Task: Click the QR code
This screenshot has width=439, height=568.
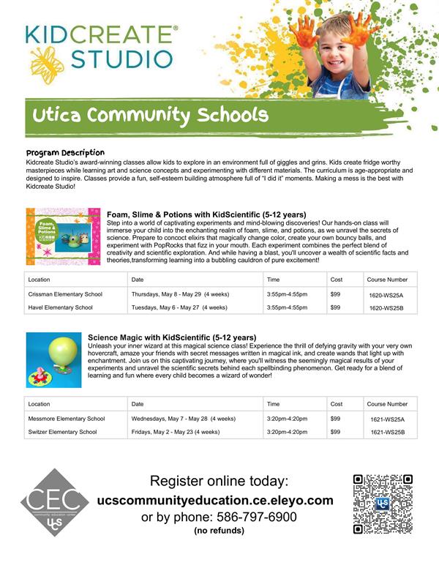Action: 383,504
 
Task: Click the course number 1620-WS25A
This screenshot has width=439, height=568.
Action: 387,294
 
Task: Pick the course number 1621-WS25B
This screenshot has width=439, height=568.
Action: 387,433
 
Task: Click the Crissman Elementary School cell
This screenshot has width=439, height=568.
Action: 64,294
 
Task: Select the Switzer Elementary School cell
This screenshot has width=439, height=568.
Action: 62,432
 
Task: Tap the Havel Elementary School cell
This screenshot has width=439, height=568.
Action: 60,307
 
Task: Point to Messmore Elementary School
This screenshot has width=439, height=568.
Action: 66,419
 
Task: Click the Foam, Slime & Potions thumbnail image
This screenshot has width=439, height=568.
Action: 62,236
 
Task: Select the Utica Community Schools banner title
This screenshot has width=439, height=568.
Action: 150,116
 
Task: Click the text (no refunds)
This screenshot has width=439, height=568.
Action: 219,530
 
